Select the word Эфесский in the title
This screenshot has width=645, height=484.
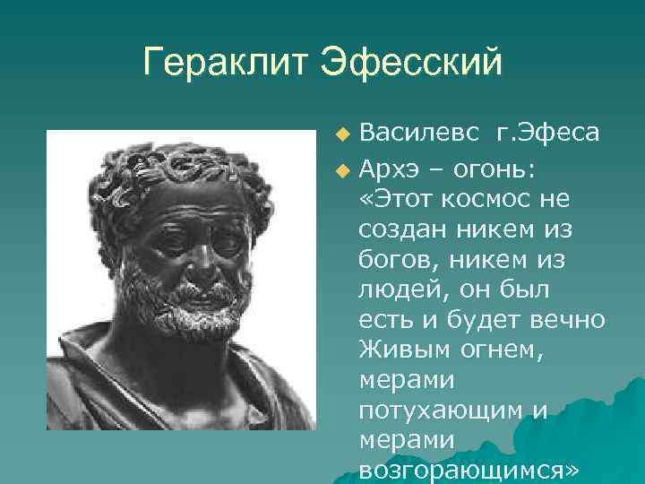click(x=409, y=64)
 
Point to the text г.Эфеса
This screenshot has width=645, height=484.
click(x=546, y=134)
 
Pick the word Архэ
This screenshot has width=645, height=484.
click(x=388, y=166)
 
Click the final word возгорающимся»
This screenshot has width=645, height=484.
click(x=469, y=471)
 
